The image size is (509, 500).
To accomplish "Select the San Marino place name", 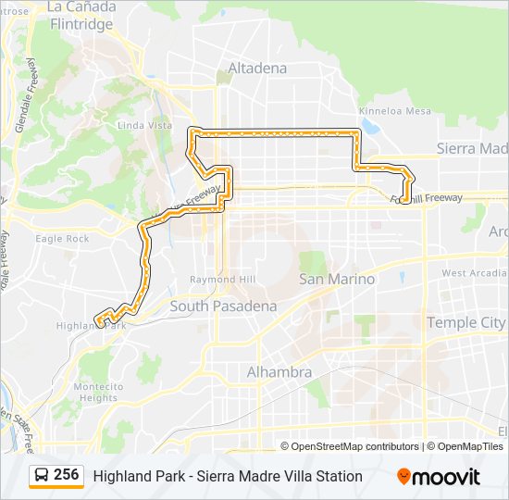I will [337, 279].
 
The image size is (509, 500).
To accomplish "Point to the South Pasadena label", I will [223, 306].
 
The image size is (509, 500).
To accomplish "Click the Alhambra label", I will [279, 372].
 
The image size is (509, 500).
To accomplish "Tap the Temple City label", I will [466, 322].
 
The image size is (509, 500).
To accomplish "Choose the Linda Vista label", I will [144, 125].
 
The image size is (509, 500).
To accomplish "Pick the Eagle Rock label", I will [62, 238].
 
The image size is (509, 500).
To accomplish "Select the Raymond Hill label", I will [216, 279].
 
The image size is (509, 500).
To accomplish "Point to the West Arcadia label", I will [474, 273].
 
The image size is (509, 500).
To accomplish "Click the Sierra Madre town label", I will [472, 148].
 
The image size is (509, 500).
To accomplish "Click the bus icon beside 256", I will [42, 476].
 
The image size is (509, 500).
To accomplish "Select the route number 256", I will [67, 475].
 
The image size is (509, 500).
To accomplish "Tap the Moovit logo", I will [439, 477].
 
